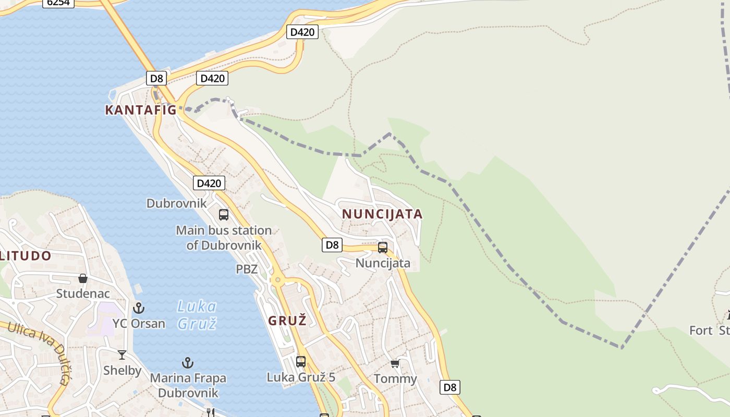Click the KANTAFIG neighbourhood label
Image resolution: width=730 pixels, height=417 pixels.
click(x=141, y=110)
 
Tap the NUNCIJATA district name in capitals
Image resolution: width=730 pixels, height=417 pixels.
click(x=382, y=214)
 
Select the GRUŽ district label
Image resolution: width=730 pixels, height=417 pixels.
click(x=287, y=321)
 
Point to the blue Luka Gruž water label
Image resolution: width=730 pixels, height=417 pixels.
click(x=197, y=315)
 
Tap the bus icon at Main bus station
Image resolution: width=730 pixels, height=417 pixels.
click(x=224, y=214)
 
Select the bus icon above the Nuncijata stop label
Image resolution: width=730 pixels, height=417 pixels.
click(x=383, y=248)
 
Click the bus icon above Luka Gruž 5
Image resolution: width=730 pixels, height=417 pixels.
click(x=301, y=361)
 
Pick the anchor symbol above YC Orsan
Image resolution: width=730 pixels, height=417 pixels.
click(x=139, y=308)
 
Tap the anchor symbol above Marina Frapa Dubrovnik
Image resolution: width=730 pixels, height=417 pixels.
click(x=188, y=362)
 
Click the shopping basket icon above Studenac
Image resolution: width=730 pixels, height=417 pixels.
click(x=82, y=278)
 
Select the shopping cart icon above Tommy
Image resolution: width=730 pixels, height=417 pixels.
click(x=395, y=363)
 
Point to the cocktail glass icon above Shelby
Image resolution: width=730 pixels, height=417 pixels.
click(x=122, y=355)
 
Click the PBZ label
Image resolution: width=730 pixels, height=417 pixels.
click(x=247, y=269)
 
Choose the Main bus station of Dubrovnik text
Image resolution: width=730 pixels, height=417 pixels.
click(x=224, y=237)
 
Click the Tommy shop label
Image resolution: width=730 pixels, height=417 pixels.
click(x=395, y=378)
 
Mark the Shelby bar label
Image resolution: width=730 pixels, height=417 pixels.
click(x=122, y=370)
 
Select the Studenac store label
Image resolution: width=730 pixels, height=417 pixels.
click(x=83, y=293)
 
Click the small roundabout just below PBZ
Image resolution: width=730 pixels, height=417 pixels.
click(x=278, y=280)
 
